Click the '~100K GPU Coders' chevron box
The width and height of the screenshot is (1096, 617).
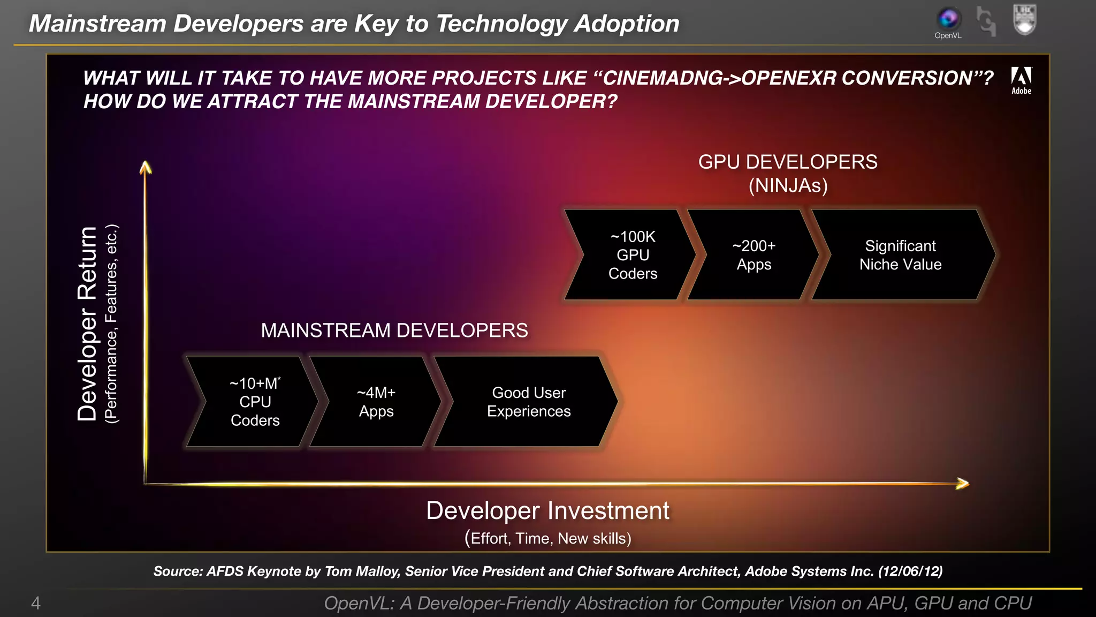(x=631, y=255)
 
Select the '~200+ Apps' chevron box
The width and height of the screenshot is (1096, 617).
(x=753, y=255)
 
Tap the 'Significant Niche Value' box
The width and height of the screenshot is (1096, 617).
(x=900, y=255)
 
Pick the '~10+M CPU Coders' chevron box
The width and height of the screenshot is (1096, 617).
(x=255, y=402)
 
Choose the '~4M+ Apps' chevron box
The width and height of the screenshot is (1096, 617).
(x=376, y=402)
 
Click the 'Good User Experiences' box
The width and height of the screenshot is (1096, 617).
(x=528, y=402)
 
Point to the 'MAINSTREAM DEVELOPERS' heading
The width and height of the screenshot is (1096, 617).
(x=394, y=330)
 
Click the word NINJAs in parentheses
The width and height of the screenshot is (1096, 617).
(x=788, y=186)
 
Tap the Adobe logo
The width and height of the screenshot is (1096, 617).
(x=1021, y=80)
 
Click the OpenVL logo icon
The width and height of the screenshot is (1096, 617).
(x=948, y=19)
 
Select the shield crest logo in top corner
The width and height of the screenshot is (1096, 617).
(x=1025, y=19)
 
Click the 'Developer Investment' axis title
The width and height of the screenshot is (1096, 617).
(x=547, y=510)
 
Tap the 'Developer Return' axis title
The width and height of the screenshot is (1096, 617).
(x=87, y=323)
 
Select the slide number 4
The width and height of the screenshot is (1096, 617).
(x=36, y=603)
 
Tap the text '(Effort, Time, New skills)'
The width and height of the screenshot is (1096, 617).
(x=547, y=538)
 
